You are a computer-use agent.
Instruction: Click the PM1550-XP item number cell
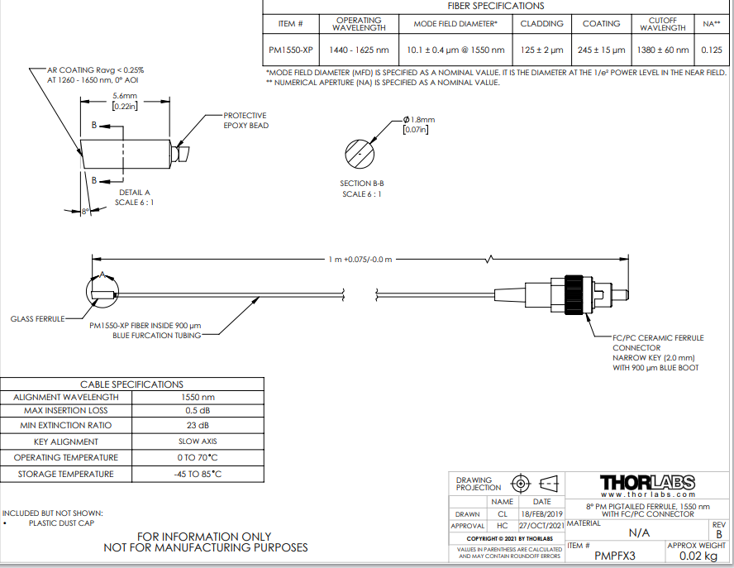291,50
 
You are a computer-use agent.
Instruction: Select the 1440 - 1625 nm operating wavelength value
359,50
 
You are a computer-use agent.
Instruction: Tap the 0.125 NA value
711,50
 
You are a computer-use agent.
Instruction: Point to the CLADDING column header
541,24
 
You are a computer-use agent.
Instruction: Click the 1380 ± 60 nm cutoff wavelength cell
662,50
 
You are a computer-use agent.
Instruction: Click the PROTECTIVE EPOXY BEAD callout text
245,121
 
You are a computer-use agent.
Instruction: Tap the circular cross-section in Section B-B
360,154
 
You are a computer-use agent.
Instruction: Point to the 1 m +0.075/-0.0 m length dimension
360,260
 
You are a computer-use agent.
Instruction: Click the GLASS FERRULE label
37,318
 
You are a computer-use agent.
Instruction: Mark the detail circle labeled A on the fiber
102,290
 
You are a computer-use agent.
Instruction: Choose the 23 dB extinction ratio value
197,426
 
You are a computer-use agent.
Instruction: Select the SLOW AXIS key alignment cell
197,442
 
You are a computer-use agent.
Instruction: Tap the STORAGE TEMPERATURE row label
66,474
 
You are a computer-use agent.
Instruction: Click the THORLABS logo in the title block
646,482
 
